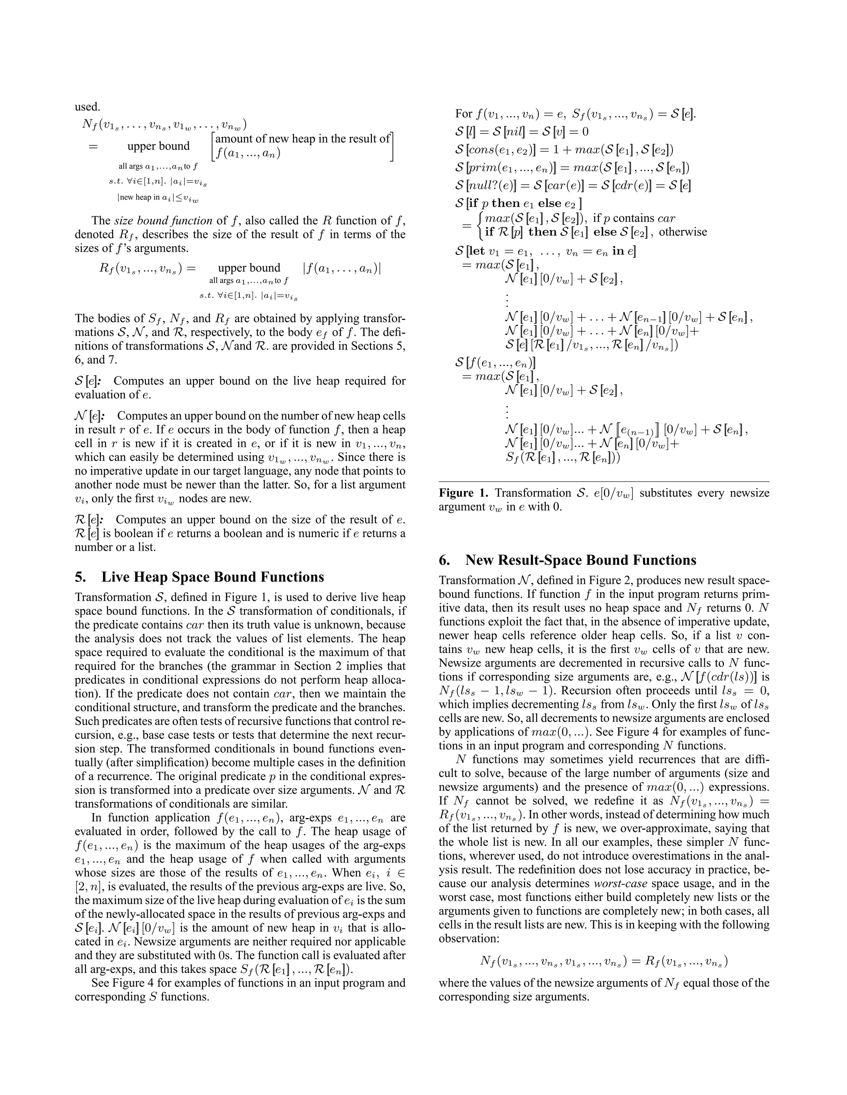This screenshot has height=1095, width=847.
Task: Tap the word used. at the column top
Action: [x=87, y=107]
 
